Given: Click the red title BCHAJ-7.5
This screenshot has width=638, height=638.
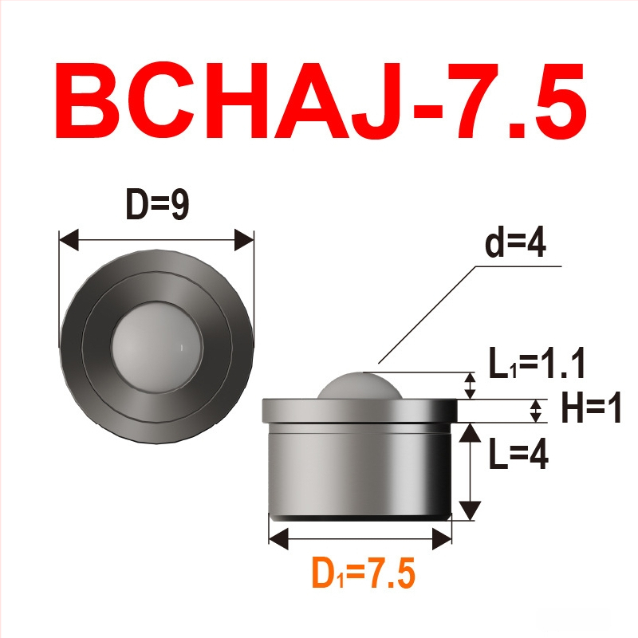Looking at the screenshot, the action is [321, 101].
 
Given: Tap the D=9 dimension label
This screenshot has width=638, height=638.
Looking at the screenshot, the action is [157, 204].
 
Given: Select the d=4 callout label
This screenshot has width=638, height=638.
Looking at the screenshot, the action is [515, 243].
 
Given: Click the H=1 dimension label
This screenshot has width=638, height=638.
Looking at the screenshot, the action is [591, 408].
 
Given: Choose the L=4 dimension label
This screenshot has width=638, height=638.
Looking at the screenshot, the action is [518, 453].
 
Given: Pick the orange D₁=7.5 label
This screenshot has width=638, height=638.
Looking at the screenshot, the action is [364, 573].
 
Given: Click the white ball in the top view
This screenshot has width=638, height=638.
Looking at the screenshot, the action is [156, 346].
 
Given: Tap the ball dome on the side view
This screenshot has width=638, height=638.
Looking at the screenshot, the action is [360, 386].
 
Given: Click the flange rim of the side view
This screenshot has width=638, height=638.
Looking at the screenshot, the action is [360, 411].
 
